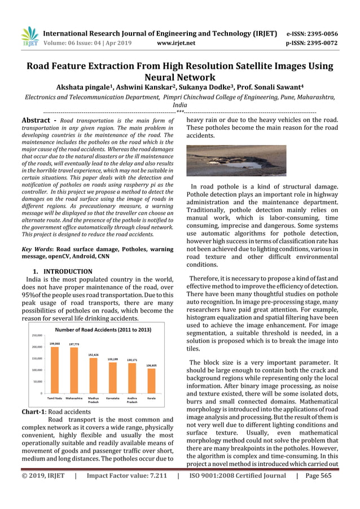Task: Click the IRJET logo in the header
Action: click(x=29, y=37)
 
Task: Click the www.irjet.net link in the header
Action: click(x=177, y=43)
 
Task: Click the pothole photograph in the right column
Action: click(x=236, y=161)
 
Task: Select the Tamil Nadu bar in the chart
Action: click(x=55, y=370)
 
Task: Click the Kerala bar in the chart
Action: click(x=151, y=380)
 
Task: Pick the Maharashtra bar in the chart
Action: click(x=74, y=370)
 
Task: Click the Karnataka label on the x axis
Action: click(x=112, y=398)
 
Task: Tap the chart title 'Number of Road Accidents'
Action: click(x=95, y=329)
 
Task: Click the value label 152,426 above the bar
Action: click(x=93, y=355)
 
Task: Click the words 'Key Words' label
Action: click(x=37, y=249)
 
